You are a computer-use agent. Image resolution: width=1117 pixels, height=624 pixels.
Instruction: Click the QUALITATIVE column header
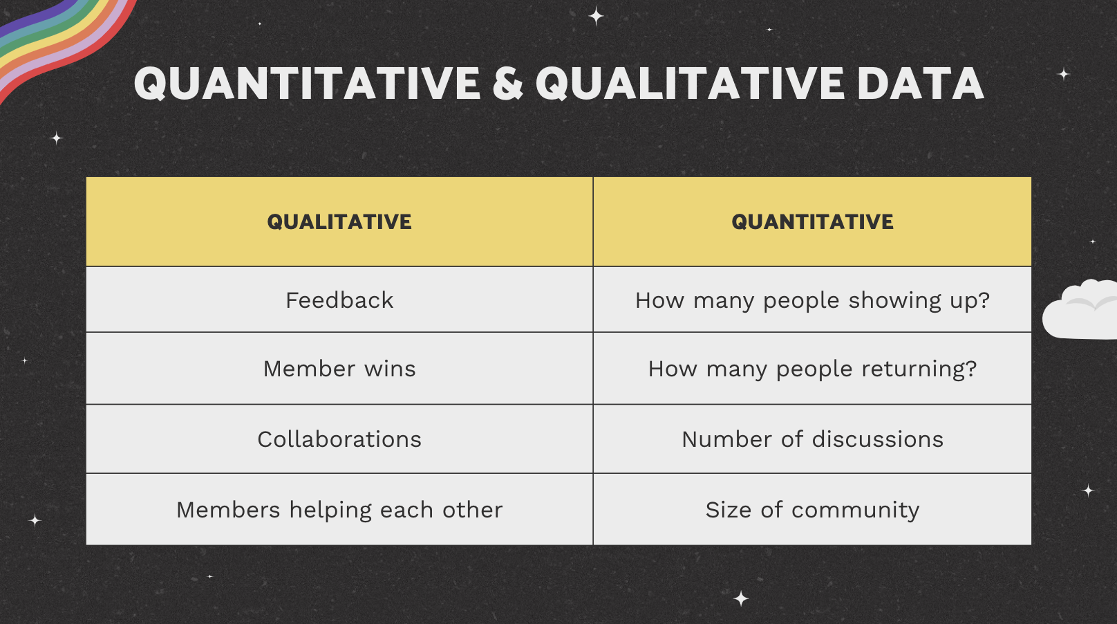pyautogui.click(x=339, y=221)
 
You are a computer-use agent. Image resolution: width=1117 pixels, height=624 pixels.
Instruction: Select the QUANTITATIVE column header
pyautogui.click(x=812, y=221)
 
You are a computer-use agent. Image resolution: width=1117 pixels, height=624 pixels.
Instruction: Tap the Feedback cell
pyautogui.click(x=339, y=300)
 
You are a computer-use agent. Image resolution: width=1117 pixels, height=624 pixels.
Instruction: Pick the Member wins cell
pyautogui.click(x=339, y=369)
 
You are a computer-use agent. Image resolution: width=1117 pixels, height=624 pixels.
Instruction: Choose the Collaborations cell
pyautogui.click(x=339, y=439)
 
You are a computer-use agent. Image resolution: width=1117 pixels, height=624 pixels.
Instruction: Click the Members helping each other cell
pyautogui.click(x=339, y=510)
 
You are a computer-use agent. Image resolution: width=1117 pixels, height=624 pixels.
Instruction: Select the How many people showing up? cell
pyautogui.click(x=812, y=300)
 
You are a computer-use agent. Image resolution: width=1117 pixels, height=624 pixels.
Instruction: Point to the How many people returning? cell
pyautogui.click(x=812, y=369)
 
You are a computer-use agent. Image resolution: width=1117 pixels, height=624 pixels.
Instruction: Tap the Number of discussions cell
pyautogui.click(x=812, y=439)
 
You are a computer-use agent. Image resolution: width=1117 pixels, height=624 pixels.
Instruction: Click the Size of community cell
pyautogui.click(x=812, y=510)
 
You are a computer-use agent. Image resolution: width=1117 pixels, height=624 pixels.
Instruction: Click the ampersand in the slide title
pyautogui.click(x=507, y=84)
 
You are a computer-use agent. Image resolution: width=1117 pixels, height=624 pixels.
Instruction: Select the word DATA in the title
pyautogui.click(x=921, y=84)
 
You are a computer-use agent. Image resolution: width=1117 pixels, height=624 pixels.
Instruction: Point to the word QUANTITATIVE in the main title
pyautogui.click(x=307, y=84)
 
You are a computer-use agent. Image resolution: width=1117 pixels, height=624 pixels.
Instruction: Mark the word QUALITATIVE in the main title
pyautogui.click(x=690, y=84)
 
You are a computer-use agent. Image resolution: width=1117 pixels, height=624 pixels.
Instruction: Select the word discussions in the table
pyautogui.click(x=878, y=439)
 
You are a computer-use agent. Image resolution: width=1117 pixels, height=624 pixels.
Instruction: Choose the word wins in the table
pyautogui.click(x=390, y=369)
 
